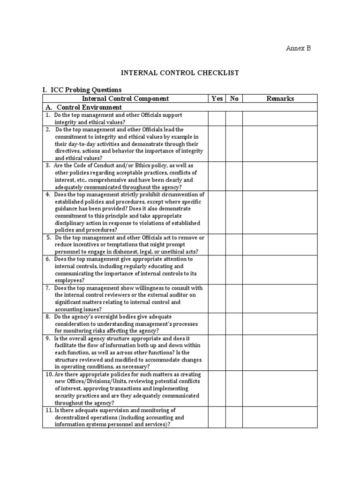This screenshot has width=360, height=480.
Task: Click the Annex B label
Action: (x=299, y=48)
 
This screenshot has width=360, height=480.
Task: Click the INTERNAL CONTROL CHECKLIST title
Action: (x=180, y=73)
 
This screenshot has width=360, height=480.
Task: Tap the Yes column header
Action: (x=217, y=98)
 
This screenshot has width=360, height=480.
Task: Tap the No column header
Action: (x=234, y=98)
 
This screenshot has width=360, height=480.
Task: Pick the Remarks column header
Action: (x=280, y=98)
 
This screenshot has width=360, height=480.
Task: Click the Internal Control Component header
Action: (x=125, y=98)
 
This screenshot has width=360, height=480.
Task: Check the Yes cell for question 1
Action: (x=217, y=118)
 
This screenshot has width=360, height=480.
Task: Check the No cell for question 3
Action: (x=234, y=176)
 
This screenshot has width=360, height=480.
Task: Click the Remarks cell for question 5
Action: (x=280, y=244)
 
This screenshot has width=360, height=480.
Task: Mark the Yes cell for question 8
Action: (x=217, y=323)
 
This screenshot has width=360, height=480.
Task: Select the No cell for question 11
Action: (x=234, y=417)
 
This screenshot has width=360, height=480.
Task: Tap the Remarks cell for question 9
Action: (x=280, y=352)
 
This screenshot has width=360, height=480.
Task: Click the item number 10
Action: (x=49, y=374)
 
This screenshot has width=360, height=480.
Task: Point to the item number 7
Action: (x=48, y=288)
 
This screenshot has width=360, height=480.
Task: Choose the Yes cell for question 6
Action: (x=217, y=270)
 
